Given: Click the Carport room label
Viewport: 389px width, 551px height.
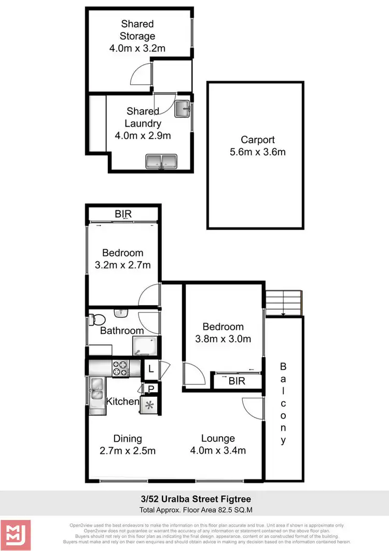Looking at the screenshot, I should click(257, 140).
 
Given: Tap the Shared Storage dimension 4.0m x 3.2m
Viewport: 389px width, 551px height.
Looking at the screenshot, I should click(138, 49).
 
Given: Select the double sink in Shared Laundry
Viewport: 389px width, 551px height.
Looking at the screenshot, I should click(162, 162).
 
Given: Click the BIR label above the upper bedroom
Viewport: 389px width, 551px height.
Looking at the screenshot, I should click(123, 214).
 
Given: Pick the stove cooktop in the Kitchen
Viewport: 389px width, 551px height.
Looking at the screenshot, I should click(120, 369).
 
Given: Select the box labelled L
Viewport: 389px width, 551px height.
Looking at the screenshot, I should click(150, 369).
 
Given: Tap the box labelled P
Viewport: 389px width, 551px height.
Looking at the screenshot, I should click(151, 388).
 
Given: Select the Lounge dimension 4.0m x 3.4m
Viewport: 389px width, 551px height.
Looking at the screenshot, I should click(218, 450).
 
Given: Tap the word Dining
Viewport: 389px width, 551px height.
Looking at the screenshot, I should click(128, 439).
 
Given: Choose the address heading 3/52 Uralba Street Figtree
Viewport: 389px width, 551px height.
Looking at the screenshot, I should click(194, 499).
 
